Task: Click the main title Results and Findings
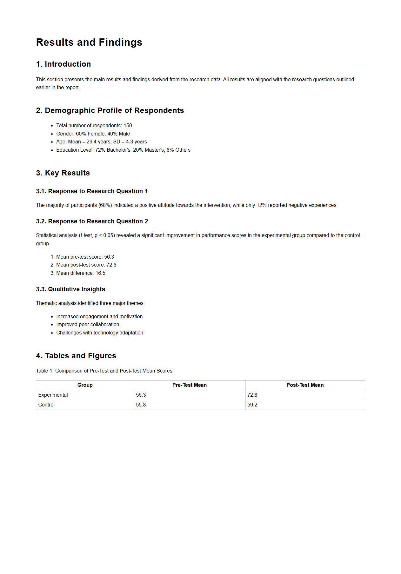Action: pos(89,42)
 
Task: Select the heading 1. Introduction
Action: pos(63,64)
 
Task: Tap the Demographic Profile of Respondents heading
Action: pos(110,110)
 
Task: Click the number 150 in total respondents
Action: pos(128,126)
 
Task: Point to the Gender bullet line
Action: pos(93,134)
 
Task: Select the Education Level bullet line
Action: pos(123,150)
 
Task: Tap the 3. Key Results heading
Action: pos(63,173)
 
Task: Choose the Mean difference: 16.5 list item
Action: pos(81,273)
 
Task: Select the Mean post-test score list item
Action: pos(86,265)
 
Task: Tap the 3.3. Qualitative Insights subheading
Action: pos(70,289)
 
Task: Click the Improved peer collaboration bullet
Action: pos(88,325)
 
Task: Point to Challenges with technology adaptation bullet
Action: pos(100,333)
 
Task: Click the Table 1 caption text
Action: pos(104,371)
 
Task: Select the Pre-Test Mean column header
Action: pos(190,385)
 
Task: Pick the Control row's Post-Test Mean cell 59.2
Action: pos(252,405)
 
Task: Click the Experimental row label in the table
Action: pos(53,395)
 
